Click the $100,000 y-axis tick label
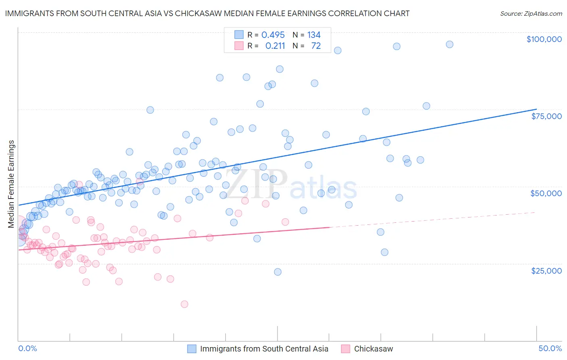pyautogui.click(x=544, y=39)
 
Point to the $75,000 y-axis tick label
pyautogui.click(x=546, y=116)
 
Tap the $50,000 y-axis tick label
pyautogui.click(x=546, y=193)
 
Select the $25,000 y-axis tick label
pyautogui.click(x=546, y=270)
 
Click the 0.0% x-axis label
pyautogui.click(x=27, y=348)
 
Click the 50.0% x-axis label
pyautogui.click(x=550, y=348)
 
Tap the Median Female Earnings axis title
pyautogui.click(x=11, y=184)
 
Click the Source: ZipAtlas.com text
pyautogui.click(x=531, y=13)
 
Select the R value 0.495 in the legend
pyautogui.click(x=273, y=35)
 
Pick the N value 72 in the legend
pyautogui.click(x=316, y=46)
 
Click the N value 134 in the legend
pyautogui.click(x=314, y=35)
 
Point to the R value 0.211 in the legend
pyautogui.click(x=275, y=46)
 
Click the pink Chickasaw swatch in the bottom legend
pyautogui.click(x=345, y=349)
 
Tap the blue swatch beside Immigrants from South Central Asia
pyautogui.click(x=192, y=349)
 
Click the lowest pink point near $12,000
pyautogui.click(x=184, y=304)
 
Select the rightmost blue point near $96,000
pyautogui.click(x=450, y=44)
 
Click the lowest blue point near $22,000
pyautogui.click(x=277, y=272)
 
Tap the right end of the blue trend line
pyautogui.click(x=536, y=109)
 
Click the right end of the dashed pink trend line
pyautogui.click(x=536, y=212)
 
